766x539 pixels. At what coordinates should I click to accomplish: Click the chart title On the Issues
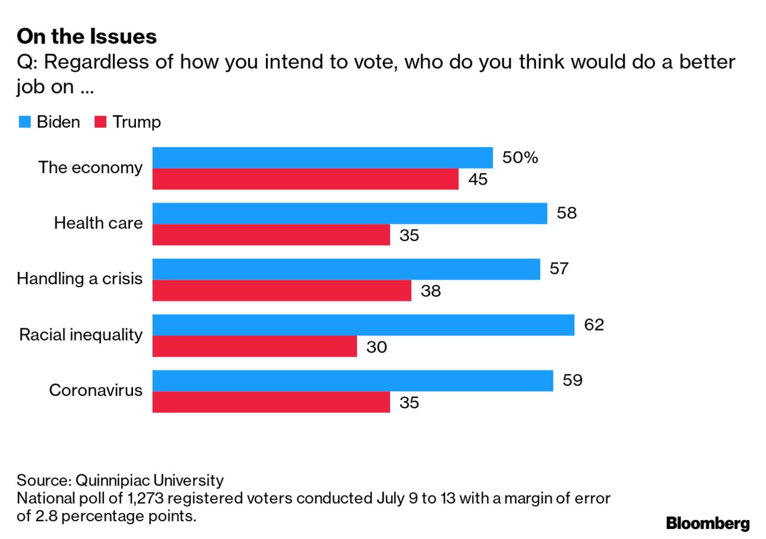tap(87, 37)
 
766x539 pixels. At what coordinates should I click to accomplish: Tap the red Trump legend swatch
tap(100, 122)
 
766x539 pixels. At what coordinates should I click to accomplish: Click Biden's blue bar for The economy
tap(322, 158)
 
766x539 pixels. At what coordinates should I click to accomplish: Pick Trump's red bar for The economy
tap(305, 179)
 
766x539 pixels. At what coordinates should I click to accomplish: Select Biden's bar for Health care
tap(350, 213)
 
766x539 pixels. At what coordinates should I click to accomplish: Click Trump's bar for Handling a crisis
tap(281, 291)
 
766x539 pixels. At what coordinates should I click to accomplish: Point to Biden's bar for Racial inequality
tap(363, 325)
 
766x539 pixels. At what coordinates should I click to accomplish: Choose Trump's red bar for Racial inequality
tap(254, 347)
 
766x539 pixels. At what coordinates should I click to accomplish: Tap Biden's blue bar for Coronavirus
tap(353, 381)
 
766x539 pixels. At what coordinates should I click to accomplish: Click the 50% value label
tap(520, 157)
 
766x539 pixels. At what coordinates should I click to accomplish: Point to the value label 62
tap(594, 325)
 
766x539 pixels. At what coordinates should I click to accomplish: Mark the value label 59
tap(572, 380)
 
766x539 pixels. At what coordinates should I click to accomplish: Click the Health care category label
tap(99, 223)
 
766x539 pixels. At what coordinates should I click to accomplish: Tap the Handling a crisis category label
tap(80, 278)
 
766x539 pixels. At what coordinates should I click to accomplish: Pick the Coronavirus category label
tap(96, 391)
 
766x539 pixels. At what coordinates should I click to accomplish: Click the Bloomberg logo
tap(708, 524)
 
